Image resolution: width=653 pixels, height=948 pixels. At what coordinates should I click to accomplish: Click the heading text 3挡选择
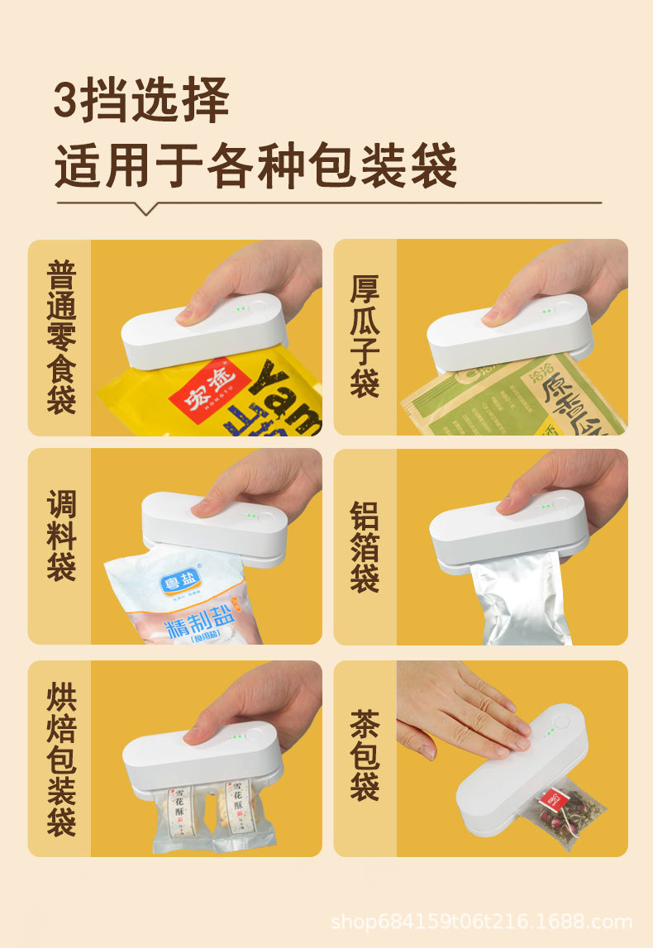pyautogui.click(x=141, y=102)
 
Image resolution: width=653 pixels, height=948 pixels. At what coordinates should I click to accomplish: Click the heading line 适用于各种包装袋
pyautogui.click(x=255, y=165)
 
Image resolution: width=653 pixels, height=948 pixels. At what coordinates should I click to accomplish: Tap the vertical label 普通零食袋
pyautogui.click(x=61, y=337)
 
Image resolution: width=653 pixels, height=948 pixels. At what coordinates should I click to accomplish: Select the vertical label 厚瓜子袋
pyautogui.click(x=365, y=337)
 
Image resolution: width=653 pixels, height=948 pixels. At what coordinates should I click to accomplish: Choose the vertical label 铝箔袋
pyautogui.click(x=365, y=546)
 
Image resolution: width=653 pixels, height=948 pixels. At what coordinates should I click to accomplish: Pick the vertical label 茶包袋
pyautogui.click(x=365, y=759)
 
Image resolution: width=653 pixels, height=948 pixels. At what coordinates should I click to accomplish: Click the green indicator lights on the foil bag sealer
pyautogui.click(x=546, y=506)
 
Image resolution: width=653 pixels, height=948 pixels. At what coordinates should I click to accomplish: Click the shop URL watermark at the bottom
pyautogui.click(x=481, y=922)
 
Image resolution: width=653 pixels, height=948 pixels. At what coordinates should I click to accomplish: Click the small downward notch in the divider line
pyautogui.click(x=146, y=209)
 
